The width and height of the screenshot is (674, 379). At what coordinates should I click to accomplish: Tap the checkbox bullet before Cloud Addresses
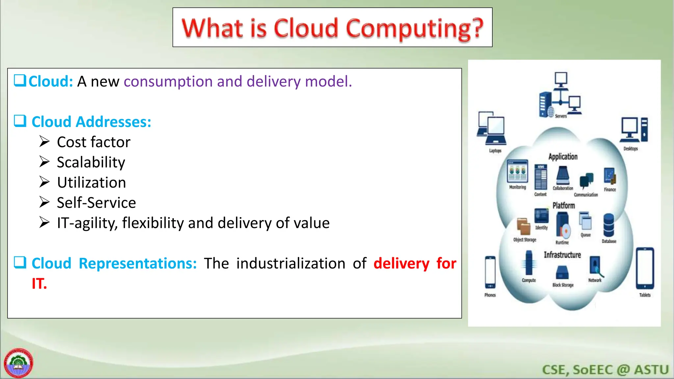click(20, 121)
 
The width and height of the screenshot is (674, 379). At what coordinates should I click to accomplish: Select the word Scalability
click(91, 162)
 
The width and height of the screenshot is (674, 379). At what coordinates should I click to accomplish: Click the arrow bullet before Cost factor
click(44, 141)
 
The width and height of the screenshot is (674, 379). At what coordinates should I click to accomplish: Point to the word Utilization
click(91, 183)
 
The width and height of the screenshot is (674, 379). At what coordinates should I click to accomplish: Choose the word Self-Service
click(96, 203)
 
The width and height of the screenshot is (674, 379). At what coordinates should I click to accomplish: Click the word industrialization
click(291, 264)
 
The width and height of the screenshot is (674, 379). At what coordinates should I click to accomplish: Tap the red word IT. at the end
click(39, 284)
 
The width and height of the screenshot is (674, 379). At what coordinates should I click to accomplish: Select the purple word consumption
click(168, 81)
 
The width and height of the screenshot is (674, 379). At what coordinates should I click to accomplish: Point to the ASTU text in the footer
click(651, 370)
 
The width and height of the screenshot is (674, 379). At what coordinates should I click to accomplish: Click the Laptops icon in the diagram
click(492, 129)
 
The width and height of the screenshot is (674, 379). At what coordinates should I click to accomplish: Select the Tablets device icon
click(645, 268)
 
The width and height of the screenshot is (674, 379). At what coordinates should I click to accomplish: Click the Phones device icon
click(490, 272)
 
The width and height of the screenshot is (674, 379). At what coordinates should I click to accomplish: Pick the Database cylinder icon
click(609, 225)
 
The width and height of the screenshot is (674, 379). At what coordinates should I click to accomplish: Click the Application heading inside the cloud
click(563, 157)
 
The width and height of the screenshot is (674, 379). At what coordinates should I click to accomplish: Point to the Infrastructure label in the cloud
click(562, 255)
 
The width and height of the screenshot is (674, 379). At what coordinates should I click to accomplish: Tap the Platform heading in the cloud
click(563, 206)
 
